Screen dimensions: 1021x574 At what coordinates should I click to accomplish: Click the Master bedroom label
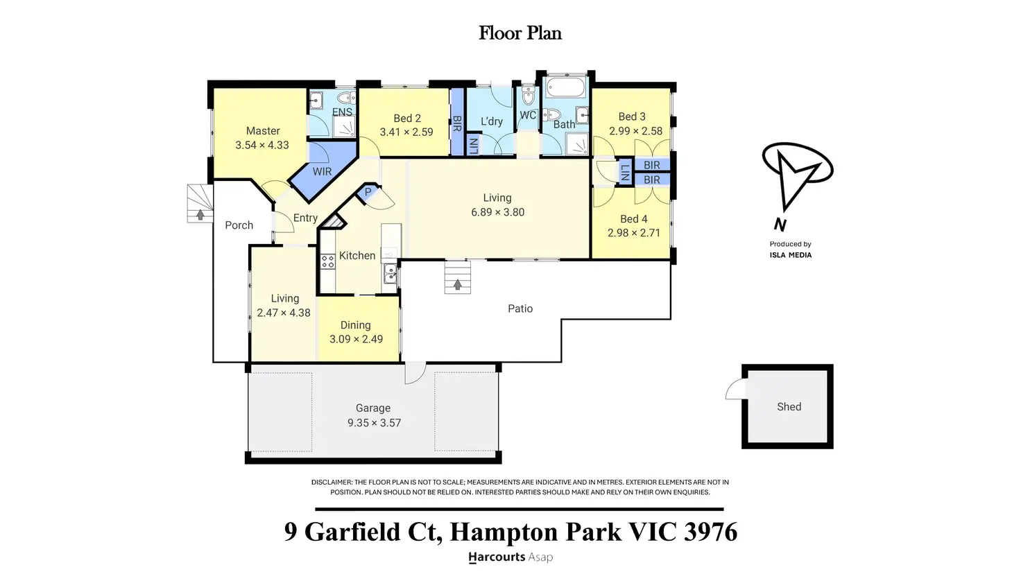tap(263, 131)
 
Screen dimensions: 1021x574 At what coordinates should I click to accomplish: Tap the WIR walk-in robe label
tap(322, 171)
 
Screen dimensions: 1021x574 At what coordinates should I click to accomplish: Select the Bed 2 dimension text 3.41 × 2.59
tap(406, 132)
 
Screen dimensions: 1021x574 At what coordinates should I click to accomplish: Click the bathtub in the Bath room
tap(566, 88)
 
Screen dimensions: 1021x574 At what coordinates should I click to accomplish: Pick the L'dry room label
tap(492, 121)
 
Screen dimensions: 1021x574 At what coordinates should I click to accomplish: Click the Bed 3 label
tap(632, 116)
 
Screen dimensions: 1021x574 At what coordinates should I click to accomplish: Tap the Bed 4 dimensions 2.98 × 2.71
tap(634, 233)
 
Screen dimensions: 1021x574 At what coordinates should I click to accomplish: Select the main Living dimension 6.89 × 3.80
tap(497, 212)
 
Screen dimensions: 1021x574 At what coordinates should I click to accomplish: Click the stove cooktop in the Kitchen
tap(327, 262)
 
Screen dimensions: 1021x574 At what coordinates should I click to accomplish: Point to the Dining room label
tap(355, 324)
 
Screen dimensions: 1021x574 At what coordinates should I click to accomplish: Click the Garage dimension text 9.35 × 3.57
tap(374, 423)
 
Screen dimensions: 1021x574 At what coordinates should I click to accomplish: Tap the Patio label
tap(520, 308)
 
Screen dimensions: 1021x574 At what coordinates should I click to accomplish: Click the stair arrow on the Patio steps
tap(457, 284)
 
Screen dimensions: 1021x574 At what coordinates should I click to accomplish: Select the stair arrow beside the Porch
tap(200, 215)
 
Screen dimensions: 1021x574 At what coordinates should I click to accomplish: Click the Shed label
tap(789, 407)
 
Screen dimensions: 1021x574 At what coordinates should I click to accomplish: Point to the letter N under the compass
tap(780, 225)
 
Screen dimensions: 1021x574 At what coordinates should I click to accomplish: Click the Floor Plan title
tap(520, 33)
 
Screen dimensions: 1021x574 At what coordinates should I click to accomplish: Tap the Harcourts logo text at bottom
tap(497, 557)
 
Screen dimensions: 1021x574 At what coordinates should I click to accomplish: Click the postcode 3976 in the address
tap(710, 532)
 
